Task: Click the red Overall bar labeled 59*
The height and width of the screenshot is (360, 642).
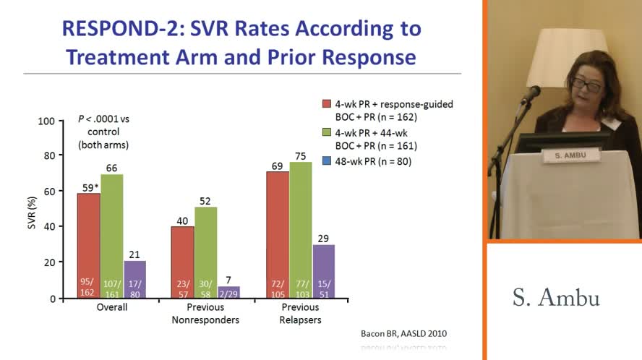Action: tap(89, 246)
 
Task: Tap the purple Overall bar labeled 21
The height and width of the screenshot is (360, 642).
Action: tap(135, 279)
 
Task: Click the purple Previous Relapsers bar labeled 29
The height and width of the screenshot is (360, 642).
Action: tap(324, 271)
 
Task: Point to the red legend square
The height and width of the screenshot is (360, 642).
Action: tap(327, 104)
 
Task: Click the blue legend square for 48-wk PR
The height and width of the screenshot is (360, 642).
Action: tap(327, 161)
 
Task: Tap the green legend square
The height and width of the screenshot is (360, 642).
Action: tap(327, 133)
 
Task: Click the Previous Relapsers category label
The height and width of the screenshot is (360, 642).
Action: tap(301, 313)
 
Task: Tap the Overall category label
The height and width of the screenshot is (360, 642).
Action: tap(112, 307)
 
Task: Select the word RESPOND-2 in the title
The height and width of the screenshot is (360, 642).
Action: tap(119, 29)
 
